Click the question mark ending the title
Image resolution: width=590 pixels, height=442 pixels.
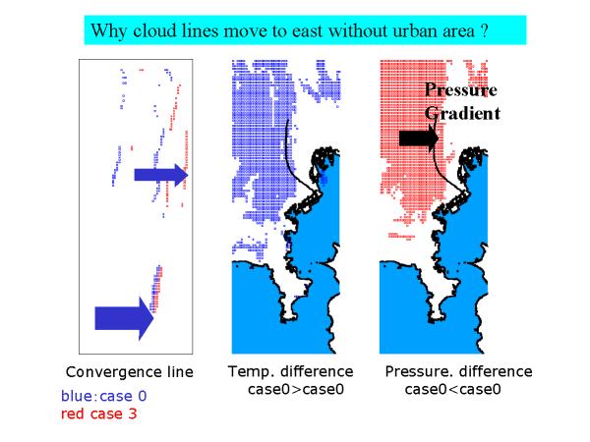[484, 30]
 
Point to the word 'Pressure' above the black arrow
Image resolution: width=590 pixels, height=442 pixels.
[461, 89]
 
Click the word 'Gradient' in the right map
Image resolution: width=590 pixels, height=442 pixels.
[462, 113]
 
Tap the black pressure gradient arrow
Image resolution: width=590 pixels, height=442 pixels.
[419, 138]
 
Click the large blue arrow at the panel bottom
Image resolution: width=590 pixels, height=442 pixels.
[124, 318]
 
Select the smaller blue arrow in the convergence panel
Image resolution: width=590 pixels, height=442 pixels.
[161, 175]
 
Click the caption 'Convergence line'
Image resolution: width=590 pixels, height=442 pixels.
[130, 372]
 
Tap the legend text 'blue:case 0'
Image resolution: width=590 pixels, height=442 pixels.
[104, 396]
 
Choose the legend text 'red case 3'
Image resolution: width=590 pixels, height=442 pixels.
[98, 414]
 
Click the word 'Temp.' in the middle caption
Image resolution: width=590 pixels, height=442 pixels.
[251, 372]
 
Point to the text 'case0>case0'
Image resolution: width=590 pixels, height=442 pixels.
[296, 389]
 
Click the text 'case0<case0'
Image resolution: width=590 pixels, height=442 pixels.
[452, 389]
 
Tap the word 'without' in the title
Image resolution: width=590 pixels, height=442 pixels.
[358, 30]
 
